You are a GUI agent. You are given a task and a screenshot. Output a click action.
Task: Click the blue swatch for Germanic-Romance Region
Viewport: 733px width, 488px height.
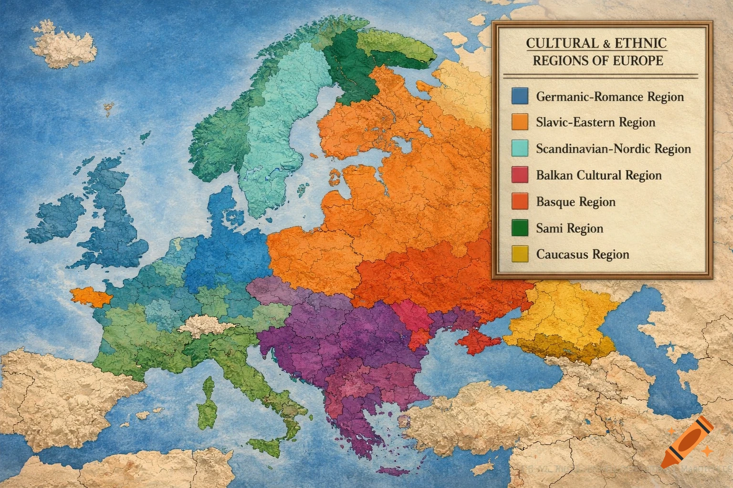(519, 96)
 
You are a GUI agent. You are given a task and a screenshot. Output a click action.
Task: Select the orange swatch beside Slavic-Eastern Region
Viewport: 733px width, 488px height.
(519, 122)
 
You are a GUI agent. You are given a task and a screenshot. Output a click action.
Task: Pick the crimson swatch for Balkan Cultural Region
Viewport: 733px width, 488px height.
(519, 175)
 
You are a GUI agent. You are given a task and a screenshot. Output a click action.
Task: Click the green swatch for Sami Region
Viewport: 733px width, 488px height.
(519, 228)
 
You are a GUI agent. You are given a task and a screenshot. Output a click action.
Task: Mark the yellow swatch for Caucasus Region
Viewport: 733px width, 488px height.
(519, 254)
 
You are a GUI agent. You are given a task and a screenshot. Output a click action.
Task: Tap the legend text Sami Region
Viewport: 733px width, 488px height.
(569, 228)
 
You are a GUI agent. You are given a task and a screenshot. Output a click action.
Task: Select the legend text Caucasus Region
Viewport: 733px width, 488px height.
(582, 254)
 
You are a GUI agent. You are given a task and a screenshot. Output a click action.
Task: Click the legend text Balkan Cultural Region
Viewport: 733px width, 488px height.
(598, 175)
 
